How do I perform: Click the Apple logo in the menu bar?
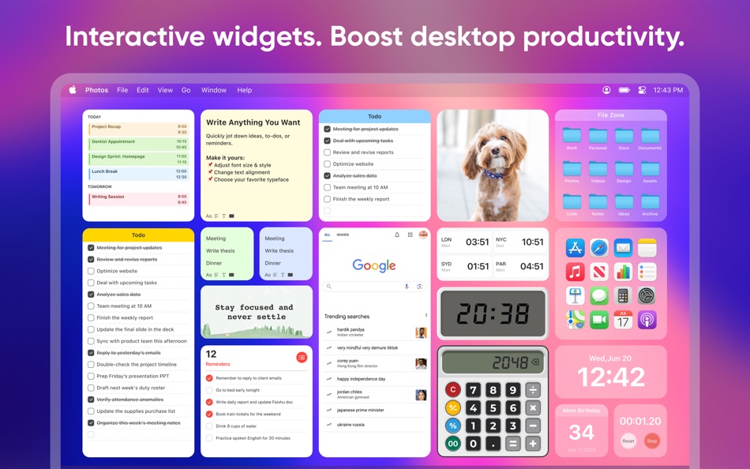click(73, 90)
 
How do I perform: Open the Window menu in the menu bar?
click(213, 90)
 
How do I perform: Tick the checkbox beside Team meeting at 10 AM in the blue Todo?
click(327, 188)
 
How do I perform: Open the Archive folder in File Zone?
click(650, 204)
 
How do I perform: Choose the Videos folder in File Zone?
click(598, 171)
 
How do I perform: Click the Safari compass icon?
click(599, 249)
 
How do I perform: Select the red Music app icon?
click(575, 272)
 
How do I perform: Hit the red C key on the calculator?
click(452, 390)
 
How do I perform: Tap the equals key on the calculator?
click(512, 444)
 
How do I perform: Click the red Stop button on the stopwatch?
click(652, 441)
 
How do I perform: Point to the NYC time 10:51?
click(532, 242)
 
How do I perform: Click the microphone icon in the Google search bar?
click(407, 287)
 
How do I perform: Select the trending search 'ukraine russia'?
click(351, 425)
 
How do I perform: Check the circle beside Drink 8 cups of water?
click(209, 426)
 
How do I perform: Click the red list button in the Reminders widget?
click(302, 358)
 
